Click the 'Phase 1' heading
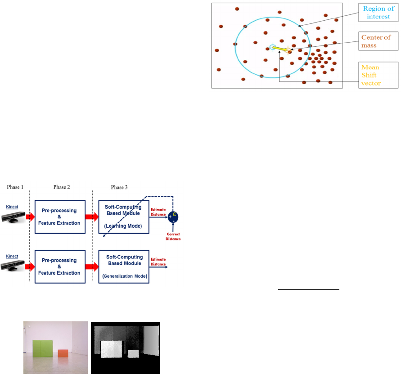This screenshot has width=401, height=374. [16, 186]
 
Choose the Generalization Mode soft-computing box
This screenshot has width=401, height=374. [123, 266]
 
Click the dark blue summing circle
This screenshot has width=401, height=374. [173, 217]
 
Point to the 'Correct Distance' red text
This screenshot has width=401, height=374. [173, 237]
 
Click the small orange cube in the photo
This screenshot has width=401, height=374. [63, 353]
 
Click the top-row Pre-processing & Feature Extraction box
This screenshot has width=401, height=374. [60, 216]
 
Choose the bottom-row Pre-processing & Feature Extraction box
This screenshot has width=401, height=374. [60, 266]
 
